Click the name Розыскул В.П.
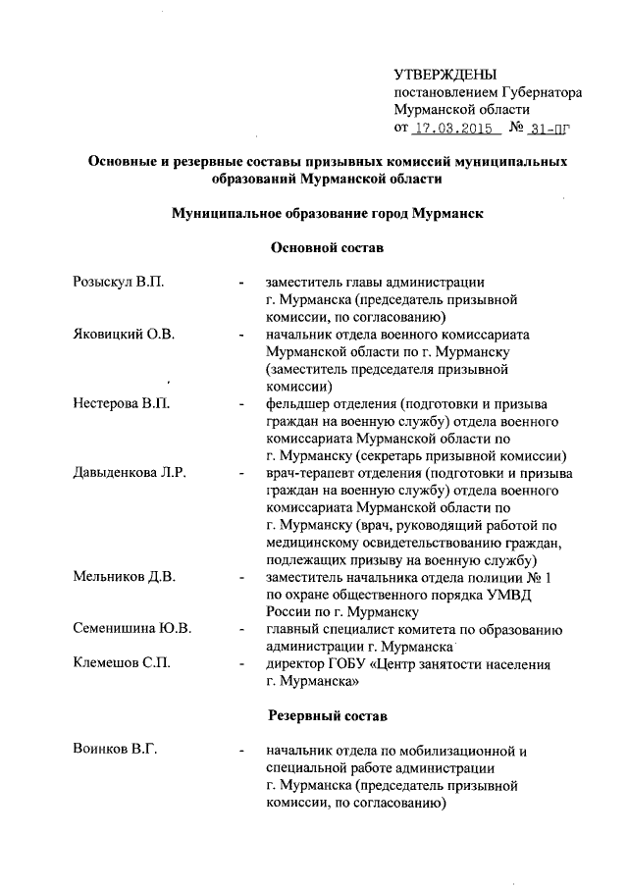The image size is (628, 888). click(x=119, y=283)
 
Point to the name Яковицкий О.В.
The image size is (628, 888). click(x=125, y=335)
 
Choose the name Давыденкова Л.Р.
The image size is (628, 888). click(x=131, y=473)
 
